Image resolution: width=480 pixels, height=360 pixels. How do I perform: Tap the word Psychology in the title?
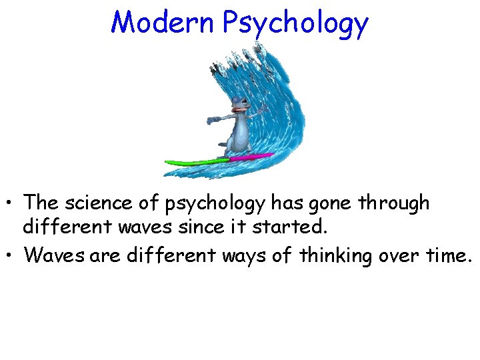point(295,24)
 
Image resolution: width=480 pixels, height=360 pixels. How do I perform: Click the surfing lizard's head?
point(239,105)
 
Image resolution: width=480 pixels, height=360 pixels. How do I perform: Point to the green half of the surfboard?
point(197,162)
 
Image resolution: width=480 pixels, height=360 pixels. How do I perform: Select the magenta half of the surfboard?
point(251,157)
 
